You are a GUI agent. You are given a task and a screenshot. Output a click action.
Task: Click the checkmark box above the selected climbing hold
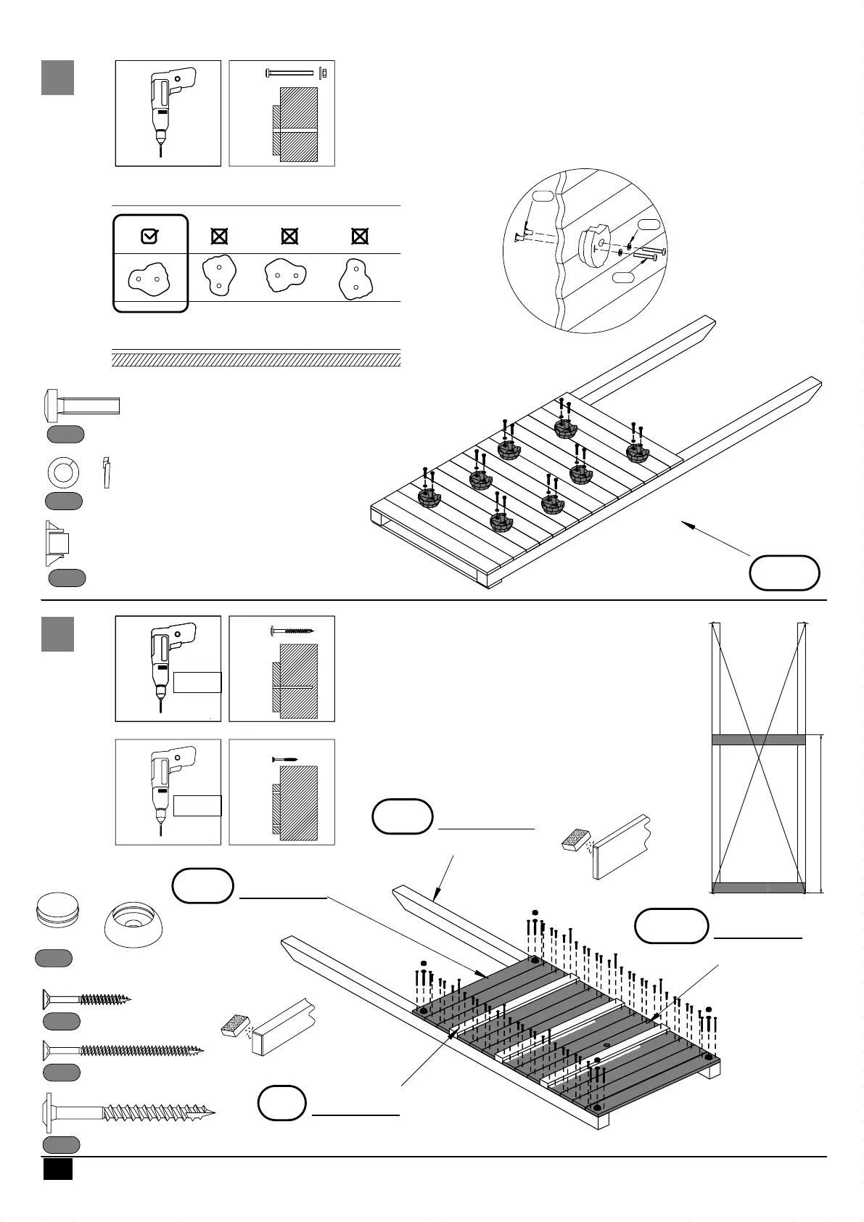pyautogui.click(x=149, y=236)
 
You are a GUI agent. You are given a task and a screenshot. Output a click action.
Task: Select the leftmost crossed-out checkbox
pyautogui.click(x=219, y=236)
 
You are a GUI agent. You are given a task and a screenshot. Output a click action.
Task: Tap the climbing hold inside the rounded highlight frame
pyautogui.click(x=149, y=278)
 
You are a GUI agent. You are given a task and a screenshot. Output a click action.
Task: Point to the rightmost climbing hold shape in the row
pyautogui.click(x=356, y=279)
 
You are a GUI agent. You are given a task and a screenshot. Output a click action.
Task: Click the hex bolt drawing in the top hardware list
pyautogui.click(x=82, y=405)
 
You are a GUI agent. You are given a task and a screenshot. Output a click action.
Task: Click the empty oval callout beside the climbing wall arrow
pyautogui.click(x=784, y=573)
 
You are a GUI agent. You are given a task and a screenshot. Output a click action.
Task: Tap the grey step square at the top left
pyautogui.click(x=57, y=78)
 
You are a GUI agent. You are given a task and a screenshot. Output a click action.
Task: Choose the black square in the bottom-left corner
pyautogui.click(x=58, y=1169)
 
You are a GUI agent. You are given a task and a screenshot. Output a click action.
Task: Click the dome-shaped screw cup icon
pyautogui.click(x=134, y=925)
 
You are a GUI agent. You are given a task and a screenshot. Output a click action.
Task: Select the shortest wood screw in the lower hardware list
pyautogui.click(x=86, y=999)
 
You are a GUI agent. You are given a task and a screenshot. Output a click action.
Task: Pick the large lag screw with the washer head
pyautogui.click(x=131, y=1112)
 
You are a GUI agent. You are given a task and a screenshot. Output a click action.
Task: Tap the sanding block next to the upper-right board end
pyautogui.click(x=580, y=840)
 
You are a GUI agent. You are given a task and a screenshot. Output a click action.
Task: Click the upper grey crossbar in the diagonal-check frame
pyautogui.click(x=759, y=739)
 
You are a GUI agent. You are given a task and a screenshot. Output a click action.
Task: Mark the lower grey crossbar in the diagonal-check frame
pyautogui.click(x=759, y=887)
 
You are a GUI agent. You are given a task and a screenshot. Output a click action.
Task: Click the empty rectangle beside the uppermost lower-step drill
pyautogui.click(x=197, y=682)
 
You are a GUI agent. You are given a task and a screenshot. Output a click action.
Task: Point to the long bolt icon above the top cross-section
pyautogui.click(x=290, y=73)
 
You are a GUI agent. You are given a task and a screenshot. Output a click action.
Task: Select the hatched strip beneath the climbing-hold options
pyautogui.click(x=256, y=359)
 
